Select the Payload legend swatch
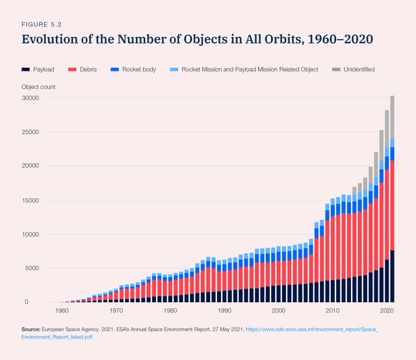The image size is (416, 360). click(25, 69)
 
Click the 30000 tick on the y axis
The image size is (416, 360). click(31, 98)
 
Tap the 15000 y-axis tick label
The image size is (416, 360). click(31, 200)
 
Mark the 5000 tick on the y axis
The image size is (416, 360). click(33, 268)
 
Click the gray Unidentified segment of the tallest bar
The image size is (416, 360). click(392, 117)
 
